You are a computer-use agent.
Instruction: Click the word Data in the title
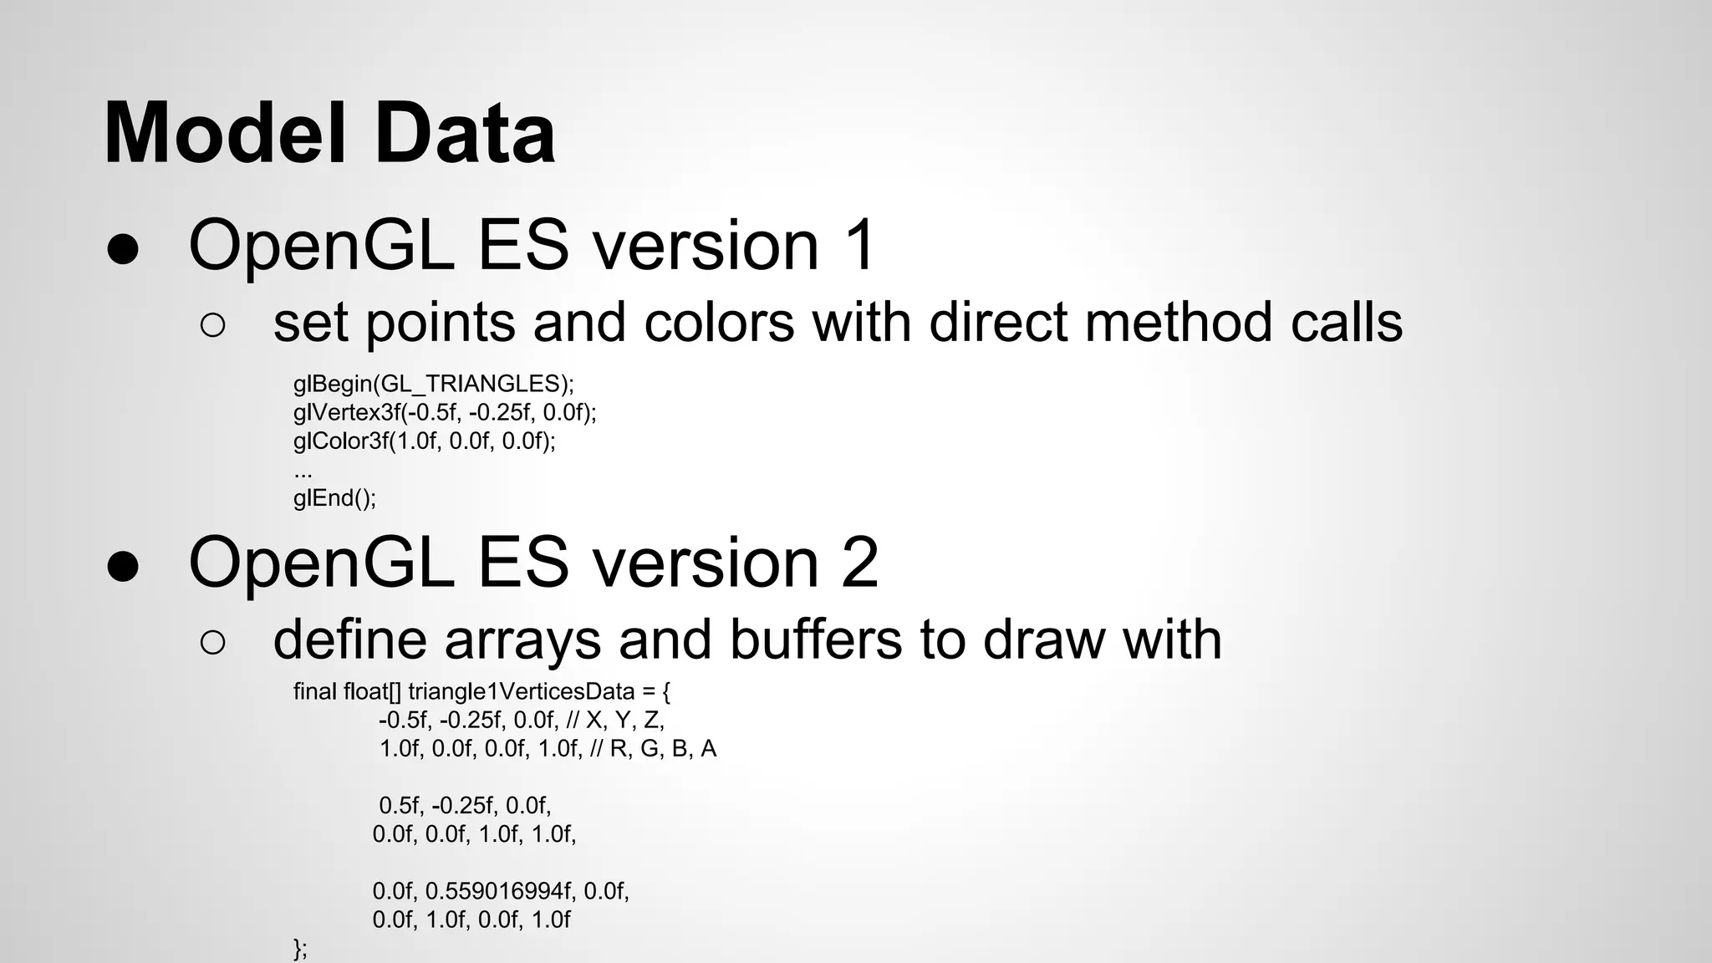[465, 134]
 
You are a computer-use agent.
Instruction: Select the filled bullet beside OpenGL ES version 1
[123, 249]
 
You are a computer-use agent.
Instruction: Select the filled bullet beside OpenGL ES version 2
[123, 566]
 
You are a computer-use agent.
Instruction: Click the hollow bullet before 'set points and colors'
[213, 326]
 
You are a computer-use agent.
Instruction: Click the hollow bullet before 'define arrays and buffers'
[213, 642]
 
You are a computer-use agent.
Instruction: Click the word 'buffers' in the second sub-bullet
[816, 639]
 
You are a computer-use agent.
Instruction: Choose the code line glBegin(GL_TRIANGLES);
[433, 384]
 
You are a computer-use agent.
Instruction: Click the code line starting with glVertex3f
[445, 412]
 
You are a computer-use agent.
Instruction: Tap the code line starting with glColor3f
[424, 441]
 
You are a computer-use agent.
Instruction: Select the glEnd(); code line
[334, 498]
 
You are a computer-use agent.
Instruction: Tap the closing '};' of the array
[301, 949]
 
